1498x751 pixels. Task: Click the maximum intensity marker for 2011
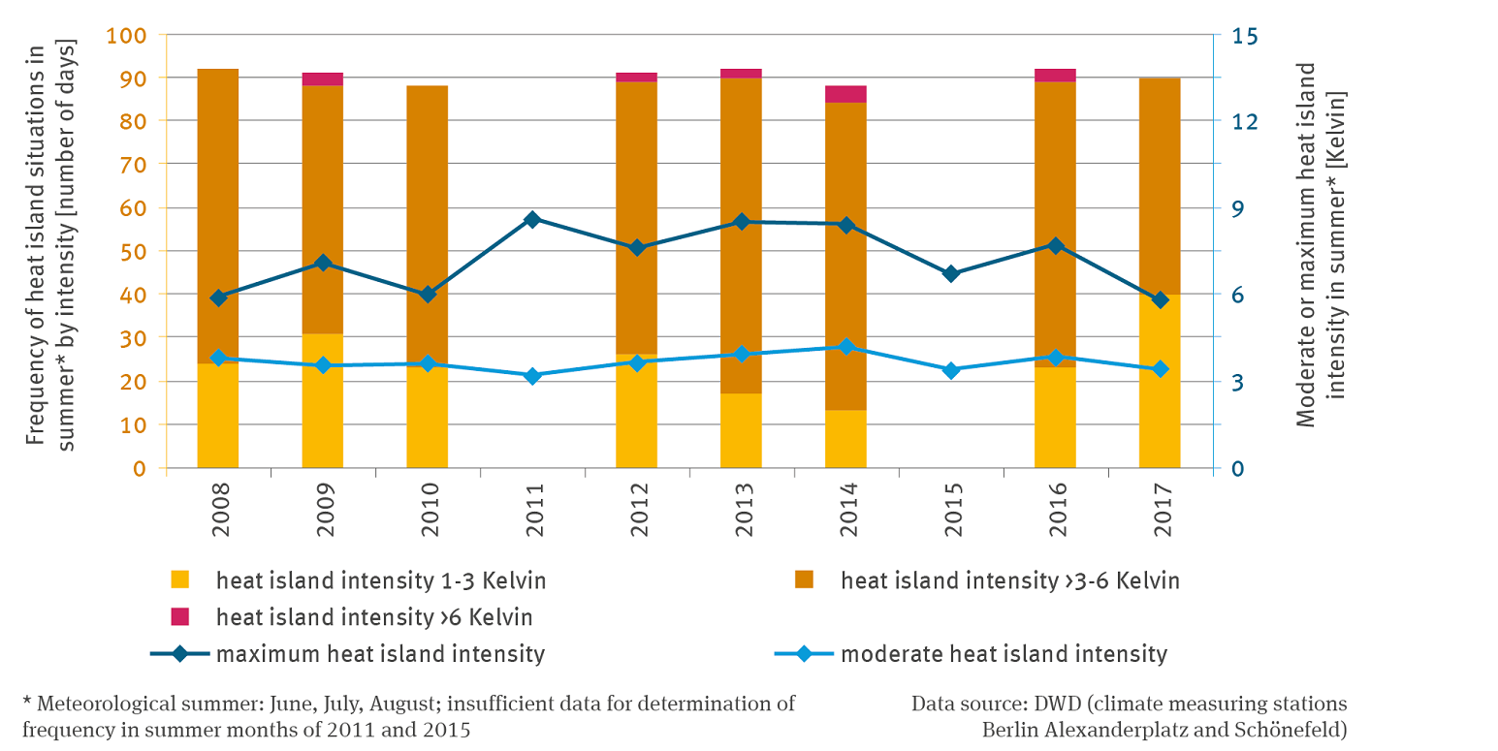(532, 220)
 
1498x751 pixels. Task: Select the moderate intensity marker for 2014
(846, 347)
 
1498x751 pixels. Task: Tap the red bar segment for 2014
(845, 94)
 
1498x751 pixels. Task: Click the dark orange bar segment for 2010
(428, 223)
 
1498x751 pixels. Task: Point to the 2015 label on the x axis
(951, 504)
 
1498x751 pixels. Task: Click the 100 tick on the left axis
(127, 35)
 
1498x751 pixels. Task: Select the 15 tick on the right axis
(1245, 35)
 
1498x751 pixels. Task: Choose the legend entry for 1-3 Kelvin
(380, 581)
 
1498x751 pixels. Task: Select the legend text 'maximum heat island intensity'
(380, 654)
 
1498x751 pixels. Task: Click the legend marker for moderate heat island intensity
(804, 654)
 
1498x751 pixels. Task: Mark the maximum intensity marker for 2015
(951, 273)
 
